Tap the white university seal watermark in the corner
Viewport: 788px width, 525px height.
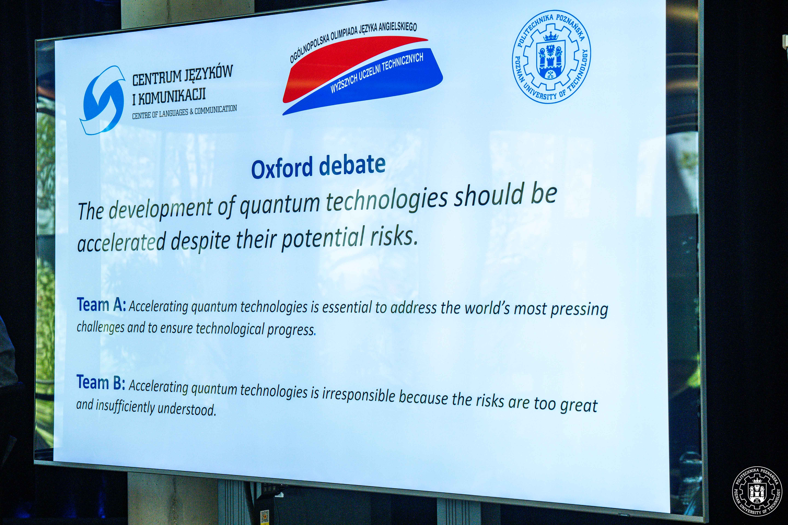757,491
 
